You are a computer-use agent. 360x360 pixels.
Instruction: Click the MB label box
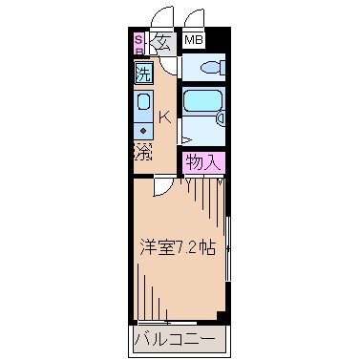(x=194, y=40)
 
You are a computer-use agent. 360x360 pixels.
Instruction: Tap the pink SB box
(x=138, y=42)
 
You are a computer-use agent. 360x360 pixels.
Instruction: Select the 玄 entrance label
(x=160, y=41)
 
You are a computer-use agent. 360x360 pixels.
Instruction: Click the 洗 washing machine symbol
(x=142, y=73)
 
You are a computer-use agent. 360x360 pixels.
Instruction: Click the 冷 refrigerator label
(x=142, y=152)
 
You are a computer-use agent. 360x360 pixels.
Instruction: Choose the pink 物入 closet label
(x=204, y=162)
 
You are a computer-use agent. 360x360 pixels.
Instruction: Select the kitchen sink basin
(x=143, y=102)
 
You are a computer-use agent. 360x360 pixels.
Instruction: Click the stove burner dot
(x=143, y=128)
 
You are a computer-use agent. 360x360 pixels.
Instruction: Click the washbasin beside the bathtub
(x=222, y=118)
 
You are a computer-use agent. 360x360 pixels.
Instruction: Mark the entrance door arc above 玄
(x=163, y=17)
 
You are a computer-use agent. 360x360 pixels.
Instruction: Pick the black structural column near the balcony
(x=222, y=316)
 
